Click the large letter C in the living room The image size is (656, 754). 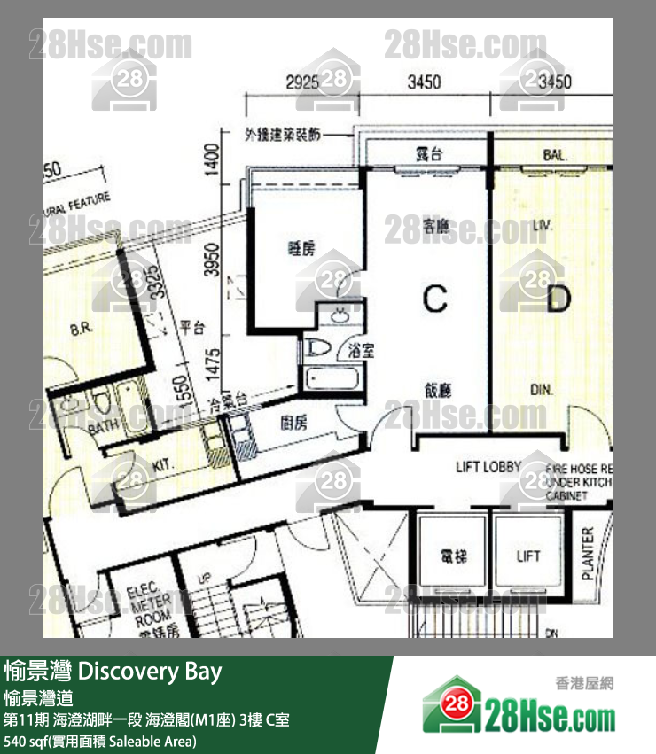point(434,299)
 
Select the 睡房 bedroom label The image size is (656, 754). point(301,249)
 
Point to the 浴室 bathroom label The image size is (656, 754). point(362,350)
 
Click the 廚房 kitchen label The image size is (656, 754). point(294,424)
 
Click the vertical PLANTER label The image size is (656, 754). point(588,555)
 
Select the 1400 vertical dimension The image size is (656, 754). point(211,164)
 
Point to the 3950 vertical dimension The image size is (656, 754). point(211,258)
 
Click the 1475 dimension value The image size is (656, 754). point(211,363)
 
